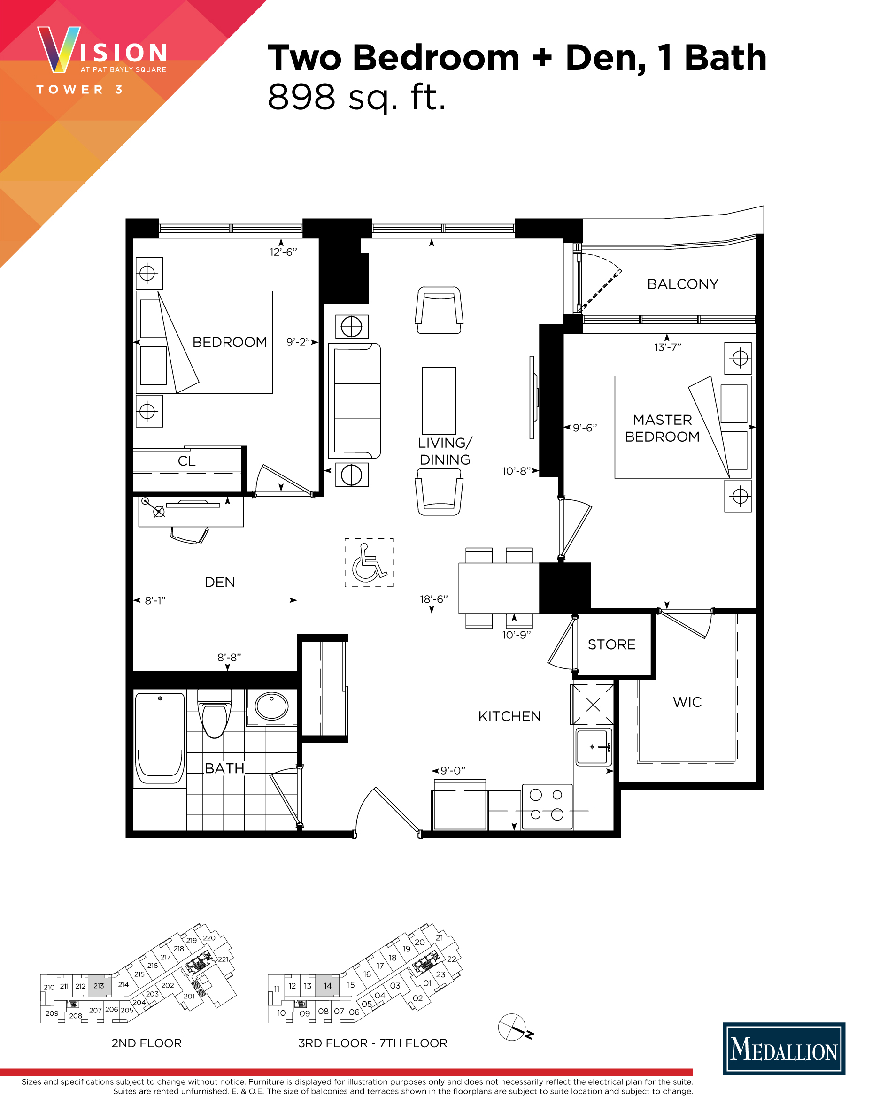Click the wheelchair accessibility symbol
[369, 563]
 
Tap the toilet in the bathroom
[215, 713]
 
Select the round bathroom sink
[271, 706]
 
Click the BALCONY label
[683, 284]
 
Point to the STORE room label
[612, 644]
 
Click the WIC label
[687, 702]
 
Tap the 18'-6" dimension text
[434, 599]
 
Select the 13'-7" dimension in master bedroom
[668, 347]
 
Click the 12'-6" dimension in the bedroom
[283, 252]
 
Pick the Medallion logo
[784, 1048]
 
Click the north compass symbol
[513, 1028]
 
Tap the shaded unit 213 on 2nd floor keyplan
[99, 986]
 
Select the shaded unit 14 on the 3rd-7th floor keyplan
[327, 985]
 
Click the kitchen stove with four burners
[547, 807]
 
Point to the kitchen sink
[594, 747]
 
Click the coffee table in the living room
[439, 400]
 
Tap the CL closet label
[186, 461]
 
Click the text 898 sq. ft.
[356, 97]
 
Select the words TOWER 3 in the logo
[79, 90]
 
